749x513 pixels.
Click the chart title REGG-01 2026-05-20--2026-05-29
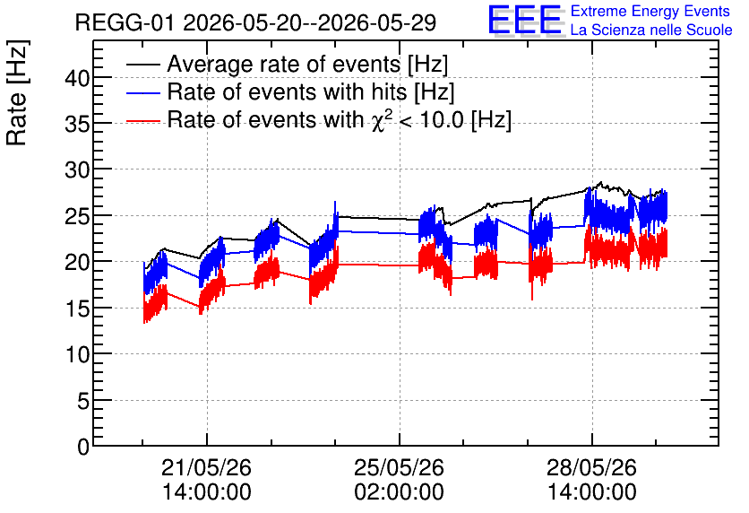point(255,22)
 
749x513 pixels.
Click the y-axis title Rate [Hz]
point(18,93)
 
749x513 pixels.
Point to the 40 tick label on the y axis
point(77,77)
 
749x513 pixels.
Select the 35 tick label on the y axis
point(77,124)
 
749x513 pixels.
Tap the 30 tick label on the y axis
point(77,170)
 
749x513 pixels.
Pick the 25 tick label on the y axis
point(77,215)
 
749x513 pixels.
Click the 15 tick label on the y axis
point(77,309)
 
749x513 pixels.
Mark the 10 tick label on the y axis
point(77,354)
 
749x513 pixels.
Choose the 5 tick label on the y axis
point(83,401)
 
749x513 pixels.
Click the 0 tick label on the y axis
point(83,447)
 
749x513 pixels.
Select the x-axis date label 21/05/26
point(206,467)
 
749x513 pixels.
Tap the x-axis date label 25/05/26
point(400,467)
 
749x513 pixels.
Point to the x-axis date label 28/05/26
point(592,467)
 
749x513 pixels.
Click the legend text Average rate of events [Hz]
point(307,64)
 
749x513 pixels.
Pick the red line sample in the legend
point(143,121)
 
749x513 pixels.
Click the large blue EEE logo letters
point(525,20)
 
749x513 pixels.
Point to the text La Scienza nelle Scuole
point(651,30)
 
